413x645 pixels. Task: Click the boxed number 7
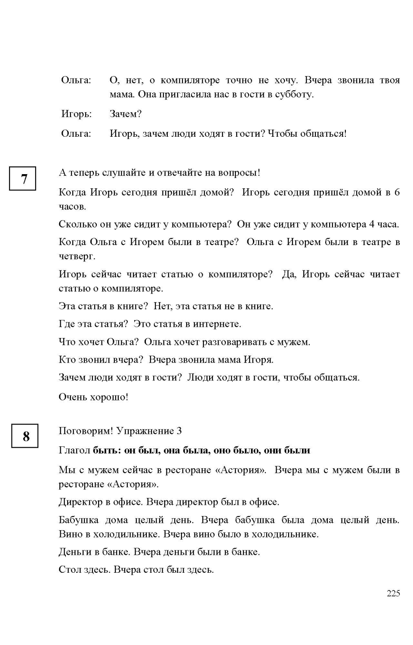pyautogui.click(x=23, y=178)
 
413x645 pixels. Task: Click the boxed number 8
pyautogui.click(x=25, y=436)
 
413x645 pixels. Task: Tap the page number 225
pyautogui.click(x=393, y=593)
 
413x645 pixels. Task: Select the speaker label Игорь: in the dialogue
pyautogui.click(x=77, y=114)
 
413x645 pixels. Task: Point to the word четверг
pyautogui.click(x=77, y=256)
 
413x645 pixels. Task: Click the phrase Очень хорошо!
pyautogui.click(x=93, y=397)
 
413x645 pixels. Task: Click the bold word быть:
pyautogui.click(x=107, y=450)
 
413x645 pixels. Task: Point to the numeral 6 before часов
pyautogui.click(x=397, y=192)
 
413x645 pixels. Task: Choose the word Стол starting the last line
pyautogui.click(x=68, y=570)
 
